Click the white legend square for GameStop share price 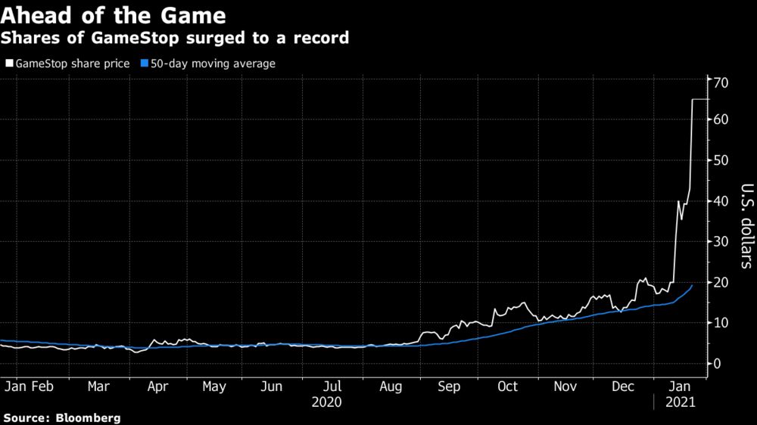pos(9,64)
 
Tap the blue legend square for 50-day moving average pos(143,64)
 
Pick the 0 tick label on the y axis pos(716,364)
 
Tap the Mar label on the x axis pos(98,386)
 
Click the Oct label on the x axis pos(507,386)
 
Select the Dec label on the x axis pos(623,386)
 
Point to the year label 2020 pos(326,402)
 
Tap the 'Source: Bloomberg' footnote pos(63,417)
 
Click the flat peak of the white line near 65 pos(700,99)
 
